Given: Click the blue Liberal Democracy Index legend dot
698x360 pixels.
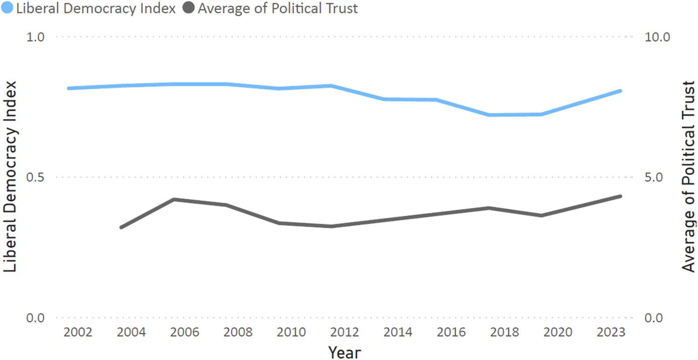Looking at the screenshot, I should (7, 8).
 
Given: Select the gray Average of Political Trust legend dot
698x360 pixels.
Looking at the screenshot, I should (188, 8).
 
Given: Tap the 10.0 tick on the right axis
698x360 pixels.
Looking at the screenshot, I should (656, 37).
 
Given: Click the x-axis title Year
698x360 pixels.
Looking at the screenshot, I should (344, 352).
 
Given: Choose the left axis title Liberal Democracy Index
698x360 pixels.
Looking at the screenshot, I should (11, 177).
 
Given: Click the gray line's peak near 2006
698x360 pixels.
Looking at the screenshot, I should (174, 200).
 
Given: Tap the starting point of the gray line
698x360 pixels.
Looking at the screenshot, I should (121, 227).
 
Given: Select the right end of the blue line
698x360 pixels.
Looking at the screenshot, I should (621, 91).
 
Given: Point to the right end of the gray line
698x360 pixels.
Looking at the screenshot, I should (621, 196).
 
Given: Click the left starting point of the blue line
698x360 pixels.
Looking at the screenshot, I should (68, 88).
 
